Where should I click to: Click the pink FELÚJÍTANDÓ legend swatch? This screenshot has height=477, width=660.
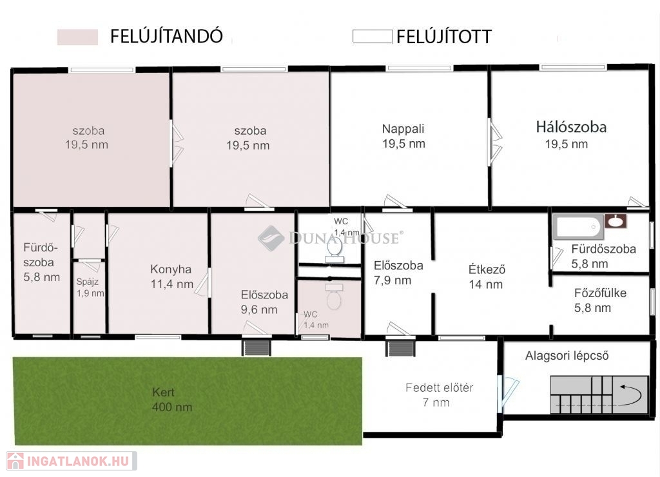(77, 37)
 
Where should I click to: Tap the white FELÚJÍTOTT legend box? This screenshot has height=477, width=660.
(373, 36)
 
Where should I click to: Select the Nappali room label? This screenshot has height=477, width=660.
(403, 129)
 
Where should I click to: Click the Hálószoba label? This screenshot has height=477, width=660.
(571, 127)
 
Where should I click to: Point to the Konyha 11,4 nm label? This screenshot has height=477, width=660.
(171, 277)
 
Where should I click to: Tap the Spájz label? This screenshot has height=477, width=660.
(87, 282)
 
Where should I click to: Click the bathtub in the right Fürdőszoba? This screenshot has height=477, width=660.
(578, 227)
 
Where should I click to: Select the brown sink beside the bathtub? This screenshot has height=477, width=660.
(616, 221)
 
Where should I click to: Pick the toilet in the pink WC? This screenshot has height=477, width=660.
(335, 297)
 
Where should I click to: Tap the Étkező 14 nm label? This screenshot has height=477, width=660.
(486, 277)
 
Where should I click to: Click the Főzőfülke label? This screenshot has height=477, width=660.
(600, 293)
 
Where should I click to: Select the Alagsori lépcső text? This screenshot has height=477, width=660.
(567, 356)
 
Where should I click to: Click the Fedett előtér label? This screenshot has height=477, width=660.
(440, 388)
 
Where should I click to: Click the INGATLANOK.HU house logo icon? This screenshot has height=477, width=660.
(15, 461)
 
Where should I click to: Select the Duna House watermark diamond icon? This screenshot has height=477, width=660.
(271, 238)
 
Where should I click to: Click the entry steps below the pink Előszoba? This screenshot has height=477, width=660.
(256, 348)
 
